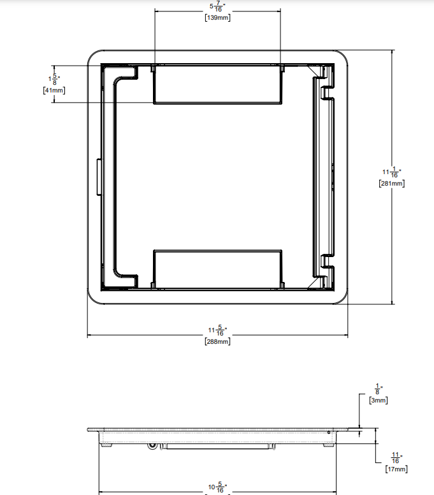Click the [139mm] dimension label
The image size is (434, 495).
[217, 18]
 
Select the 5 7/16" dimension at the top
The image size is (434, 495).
[217, 7]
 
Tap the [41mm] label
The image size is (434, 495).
[53, 90]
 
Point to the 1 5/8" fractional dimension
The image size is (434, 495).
[54, 79]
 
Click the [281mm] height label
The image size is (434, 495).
[392, 183]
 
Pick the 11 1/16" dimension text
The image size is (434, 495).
[391, 172]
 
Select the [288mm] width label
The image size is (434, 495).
[217, 341]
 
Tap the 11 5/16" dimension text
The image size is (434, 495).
[217, 330]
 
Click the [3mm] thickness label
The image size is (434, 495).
[379, 400]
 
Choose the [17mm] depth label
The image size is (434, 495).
[396, 469]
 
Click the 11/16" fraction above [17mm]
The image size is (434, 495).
[396, 457]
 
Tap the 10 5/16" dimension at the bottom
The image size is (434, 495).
[217, 488]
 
